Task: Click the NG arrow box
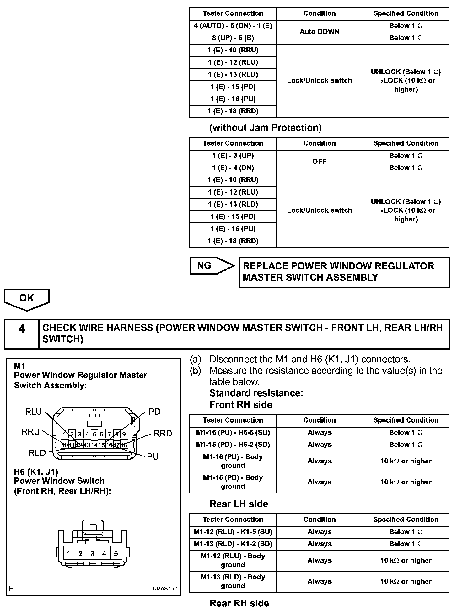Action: [211, 266]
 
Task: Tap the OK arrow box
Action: [27, 299]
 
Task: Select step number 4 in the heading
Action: [21, 329]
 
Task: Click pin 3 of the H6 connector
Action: [92, 553]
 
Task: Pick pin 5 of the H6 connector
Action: [116, 553]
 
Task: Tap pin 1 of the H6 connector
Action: [69, 553]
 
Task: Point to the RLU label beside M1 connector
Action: [33, 412]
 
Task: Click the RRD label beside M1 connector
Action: [163, 434]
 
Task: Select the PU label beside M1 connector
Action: [153, 456]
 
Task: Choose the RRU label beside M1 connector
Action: [30, 432]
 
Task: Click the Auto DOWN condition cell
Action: [320, 32]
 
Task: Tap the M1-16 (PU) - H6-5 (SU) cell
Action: [233, 433]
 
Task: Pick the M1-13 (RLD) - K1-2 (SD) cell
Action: [233, 544]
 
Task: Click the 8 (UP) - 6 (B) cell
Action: [233, 38]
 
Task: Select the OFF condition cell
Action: [320, 162]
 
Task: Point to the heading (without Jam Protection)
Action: [266, 128]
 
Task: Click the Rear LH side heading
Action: [239, 504]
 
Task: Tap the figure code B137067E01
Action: [165, 589]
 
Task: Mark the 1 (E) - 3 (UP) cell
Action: [233, 156]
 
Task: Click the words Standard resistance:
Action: [256, 393]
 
